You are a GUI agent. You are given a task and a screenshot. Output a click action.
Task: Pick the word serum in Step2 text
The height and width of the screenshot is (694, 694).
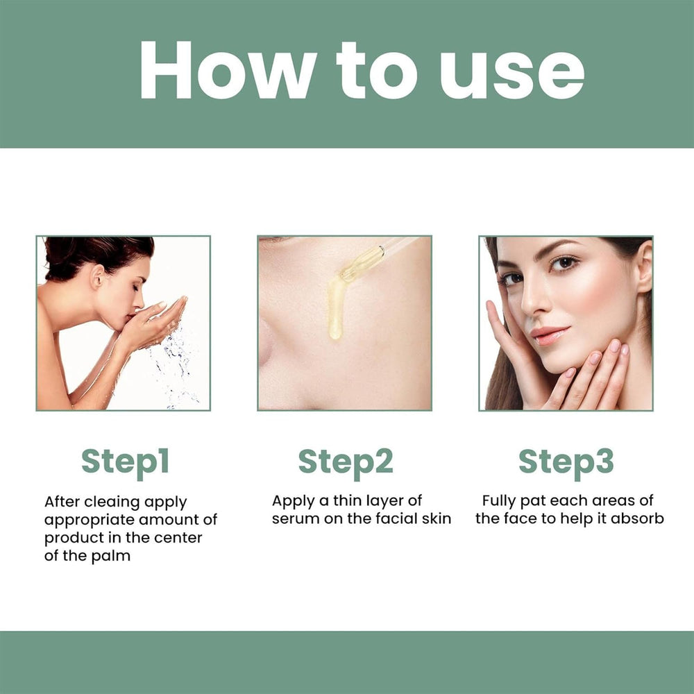294,519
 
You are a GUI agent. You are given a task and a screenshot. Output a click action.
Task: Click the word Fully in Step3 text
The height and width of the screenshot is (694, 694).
500,500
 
